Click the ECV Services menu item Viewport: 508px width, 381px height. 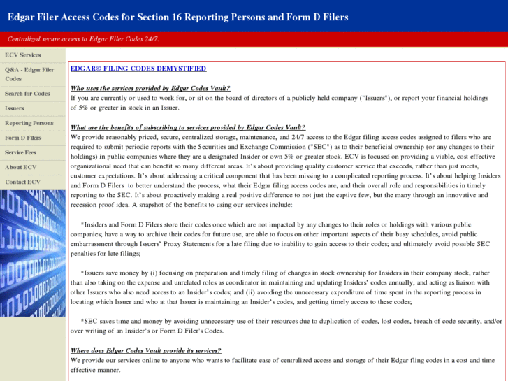click(x=23, y=55)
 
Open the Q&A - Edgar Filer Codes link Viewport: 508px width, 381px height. click(x=29, y=74)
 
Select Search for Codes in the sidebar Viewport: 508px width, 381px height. click(x=27, y=94)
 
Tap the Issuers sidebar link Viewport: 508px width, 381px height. click(x=15, y=108)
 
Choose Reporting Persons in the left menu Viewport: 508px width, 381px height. click(x=29, y=123)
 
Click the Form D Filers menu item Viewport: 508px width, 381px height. click(x=23, y=138)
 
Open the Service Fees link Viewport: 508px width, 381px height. click(x=21, y=152)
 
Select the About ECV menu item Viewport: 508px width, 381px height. click(x=20, y=167)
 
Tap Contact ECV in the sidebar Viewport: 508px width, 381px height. click(x=22, y=182)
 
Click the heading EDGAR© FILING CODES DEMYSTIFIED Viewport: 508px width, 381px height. click(x=138, y=69)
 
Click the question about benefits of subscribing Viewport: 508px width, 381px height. click(x=187, y=127)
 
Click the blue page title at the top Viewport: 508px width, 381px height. click(x=177, y=17)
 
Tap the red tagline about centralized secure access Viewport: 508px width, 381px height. click(x=83, y=39)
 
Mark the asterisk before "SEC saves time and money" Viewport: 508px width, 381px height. click(x=82, y=321)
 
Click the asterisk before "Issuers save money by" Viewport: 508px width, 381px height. click(x=82, y=272)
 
